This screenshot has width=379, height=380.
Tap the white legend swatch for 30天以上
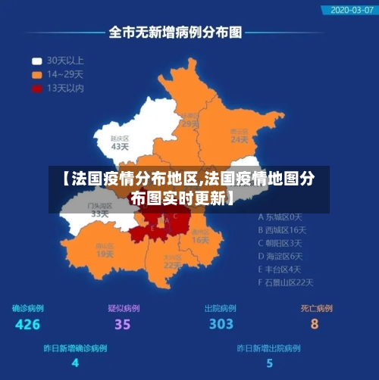[36, 61]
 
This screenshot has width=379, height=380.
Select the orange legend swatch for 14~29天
[36, 74]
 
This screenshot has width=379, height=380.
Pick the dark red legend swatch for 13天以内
[36, 89]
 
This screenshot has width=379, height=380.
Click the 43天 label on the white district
[120, 147]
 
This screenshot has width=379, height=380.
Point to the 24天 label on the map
[239, 139]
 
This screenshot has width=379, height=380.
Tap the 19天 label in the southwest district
[105, 254]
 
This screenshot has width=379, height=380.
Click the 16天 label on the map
[200, 240]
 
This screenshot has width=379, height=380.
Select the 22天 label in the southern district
[173, 265]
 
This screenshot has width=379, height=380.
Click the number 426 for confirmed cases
[27, 325]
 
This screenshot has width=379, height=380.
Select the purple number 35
[123, 325]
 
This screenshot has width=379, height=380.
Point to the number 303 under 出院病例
[221, 325]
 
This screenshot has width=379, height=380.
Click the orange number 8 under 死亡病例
[315, 325]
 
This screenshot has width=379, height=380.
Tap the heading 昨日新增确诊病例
[75, 349]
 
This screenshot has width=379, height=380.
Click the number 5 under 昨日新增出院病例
[269, 363]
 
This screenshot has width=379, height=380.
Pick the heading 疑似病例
[124, 308]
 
